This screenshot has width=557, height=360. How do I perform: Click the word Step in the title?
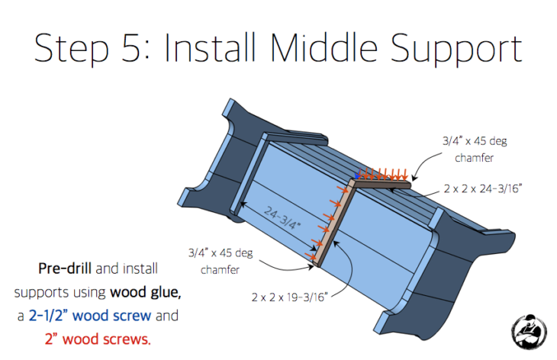tap(71, 49)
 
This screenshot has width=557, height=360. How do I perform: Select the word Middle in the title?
tap(324, 47)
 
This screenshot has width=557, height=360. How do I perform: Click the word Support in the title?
tap(456, 50)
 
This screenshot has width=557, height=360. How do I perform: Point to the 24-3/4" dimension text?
tap(282, 217)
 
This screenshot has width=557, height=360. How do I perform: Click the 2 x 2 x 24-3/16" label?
tap(483, 188)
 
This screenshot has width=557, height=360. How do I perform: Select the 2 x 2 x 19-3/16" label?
tap(289, 297)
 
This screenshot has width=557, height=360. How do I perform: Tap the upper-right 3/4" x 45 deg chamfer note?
tap(475, 149)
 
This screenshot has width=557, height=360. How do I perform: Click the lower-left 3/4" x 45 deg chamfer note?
tap(221, 262)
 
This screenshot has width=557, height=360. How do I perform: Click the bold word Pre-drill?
tap(65, 268)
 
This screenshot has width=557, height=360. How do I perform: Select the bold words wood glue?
tap(145, 292)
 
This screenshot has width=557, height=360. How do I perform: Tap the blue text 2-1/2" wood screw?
tap(90, 316)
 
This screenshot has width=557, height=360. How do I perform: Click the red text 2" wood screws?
tap(98, 339)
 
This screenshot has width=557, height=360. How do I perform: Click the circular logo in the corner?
tap(529, 332)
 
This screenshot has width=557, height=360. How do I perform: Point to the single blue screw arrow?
tap(358, 174)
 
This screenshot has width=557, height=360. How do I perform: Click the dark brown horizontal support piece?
tap(383, 185)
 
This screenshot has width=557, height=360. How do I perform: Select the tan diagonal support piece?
tap(333, 223)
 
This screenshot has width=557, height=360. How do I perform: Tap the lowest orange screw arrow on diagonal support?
tap(310, 256)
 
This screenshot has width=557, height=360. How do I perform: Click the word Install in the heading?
tap(210, 47)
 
